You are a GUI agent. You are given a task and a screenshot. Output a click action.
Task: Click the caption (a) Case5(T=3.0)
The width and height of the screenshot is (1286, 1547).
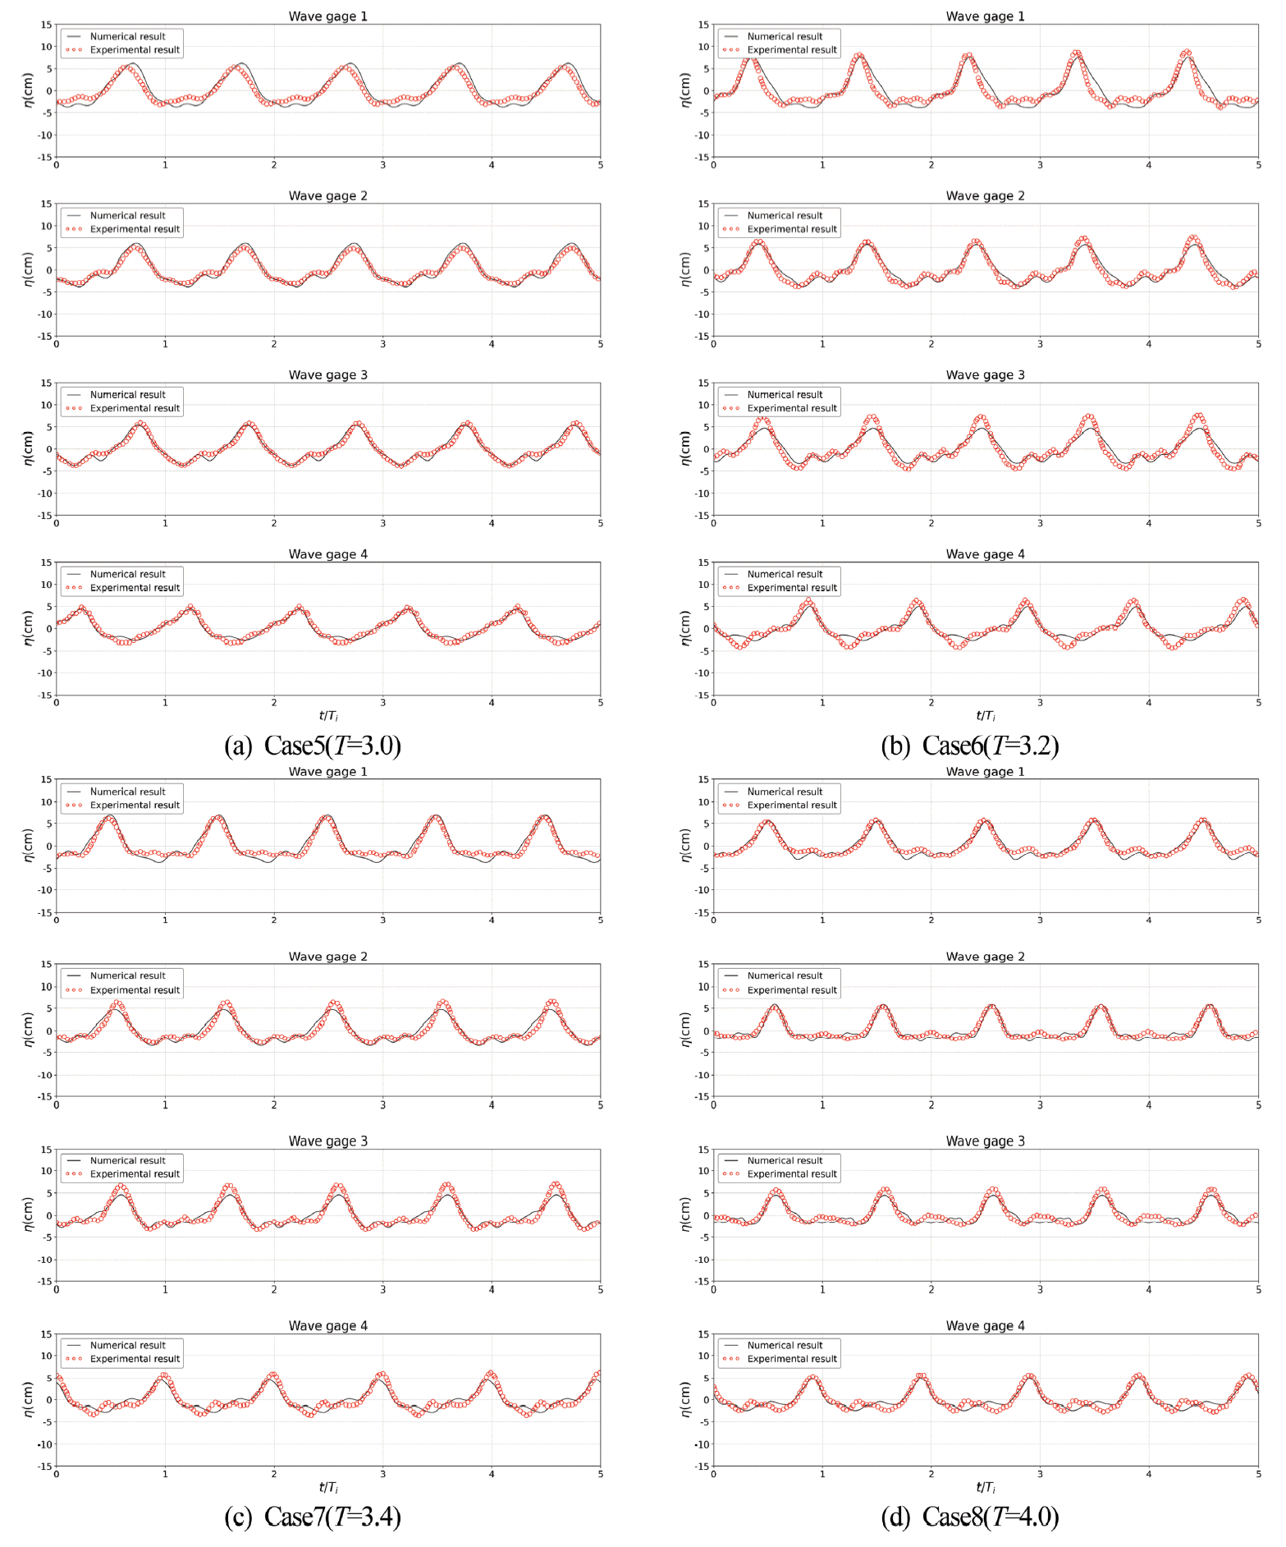313,746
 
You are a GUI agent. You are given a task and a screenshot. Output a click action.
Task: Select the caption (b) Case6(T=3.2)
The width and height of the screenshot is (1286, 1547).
970,746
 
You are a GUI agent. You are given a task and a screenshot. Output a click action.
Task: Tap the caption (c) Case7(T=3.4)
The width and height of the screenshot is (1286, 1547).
313,1517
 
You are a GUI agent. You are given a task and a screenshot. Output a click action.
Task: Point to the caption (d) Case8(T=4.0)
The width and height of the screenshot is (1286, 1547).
970,1517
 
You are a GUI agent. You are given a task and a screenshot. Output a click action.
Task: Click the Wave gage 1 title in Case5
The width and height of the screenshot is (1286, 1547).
327,16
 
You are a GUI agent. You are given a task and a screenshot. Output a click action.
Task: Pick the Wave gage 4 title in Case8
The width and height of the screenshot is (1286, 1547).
985,1325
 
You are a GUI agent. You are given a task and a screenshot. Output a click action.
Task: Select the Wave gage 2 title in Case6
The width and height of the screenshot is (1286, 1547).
985,195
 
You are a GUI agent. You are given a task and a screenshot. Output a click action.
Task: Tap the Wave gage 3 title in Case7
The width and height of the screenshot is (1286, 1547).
327,1141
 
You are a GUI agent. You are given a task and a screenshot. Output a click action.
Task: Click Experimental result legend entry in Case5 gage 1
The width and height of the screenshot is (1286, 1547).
135,50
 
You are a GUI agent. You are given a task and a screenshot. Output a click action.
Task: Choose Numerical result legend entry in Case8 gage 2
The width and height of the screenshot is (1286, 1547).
785,975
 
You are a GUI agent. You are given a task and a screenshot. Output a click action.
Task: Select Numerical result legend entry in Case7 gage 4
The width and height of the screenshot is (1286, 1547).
127,1345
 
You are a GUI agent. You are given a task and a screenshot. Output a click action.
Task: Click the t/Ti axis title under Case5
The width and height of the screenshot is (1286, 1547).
328,716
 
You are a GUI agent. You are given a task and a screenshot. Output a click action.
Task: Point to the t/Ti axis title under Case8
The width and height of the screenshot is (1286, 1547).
986,1487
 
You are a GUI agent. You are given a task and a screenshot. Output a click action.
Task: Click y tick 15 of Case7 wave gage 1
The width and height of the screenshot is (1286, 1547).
48,779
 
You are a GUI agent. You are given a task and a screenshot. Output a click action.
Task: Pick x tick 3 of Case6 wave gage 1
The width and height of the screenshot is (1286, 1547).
1040,165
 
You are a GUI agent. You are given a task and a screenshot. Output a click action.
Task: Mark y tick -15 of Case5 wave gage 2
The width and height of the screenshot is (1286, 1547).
45,337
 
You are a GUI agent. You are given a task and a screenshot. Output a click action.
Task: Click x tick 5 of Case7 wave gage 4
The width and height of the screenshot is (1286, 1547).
600,1474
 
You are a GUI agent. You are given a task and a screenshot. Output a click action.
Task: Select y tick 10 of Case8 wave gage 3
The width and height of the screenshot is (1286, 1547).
703,1171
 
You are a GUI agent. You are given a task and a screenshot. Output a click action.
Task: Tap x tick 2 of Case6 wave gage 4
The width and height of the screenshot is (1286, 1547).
931,703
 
